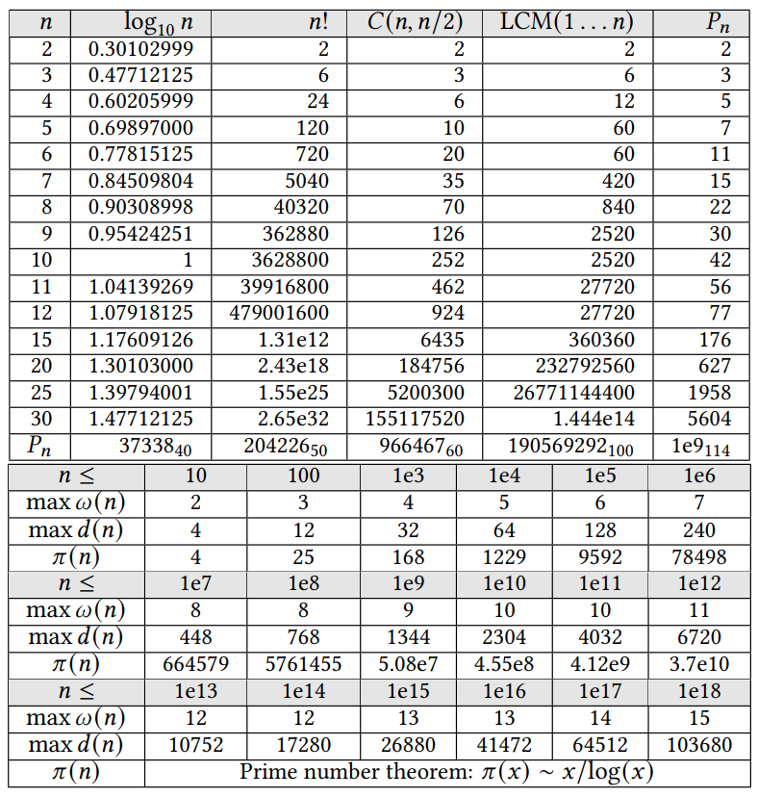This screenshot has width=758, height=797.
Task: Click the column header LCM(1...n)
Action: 568,22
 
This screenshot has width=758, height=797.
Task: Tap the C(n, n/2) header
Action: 416,22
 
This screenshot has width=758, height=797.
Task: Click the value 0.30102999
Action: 140,49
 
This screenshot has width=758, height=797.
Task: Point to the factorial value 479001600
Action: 279,313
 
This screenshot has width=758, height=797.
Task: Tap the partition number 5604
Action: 710,419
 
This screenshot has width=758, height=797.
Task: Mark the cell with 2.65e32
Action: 295,419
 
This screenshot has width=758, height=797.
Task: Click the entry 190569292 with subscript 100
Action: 575,447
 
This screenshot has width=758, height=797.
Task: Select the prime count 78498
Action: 699,557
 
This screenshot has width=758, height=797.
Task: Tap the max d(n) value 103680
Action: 699,745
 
